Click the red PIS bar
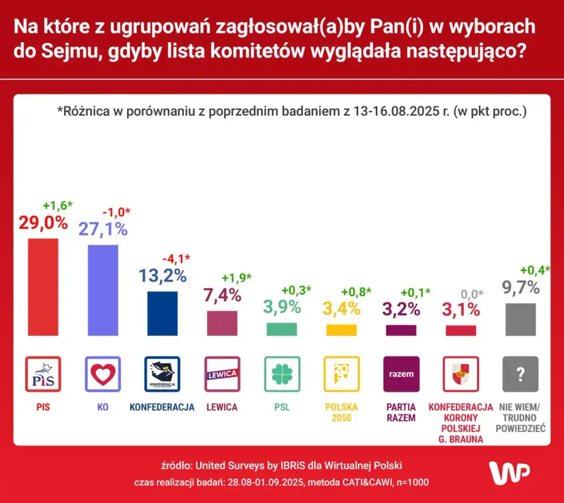click(x=43, y=286)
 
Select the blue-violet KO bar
click(x=102, y=290)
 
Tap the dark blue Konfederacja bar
click(x=162, y=313)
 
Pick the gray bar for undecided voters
click(x=520, y=319)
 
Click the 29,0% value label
click(x=43, y=223)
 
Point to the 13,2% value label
click(x=162, y=276)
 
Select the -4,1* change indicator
click(x=177, y=258)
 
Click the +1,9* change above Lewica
click(x=236, y=277)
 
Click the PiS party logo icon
click(x=43, y=374)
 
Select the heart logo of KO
click(x=102, y=374)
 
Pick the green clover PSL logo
click(x=282, y=374)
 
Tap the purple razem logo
click(x=401, y=374)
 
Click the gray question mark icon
click(x=520, y=374)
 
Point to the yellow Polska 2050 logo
click(x=342, y=374)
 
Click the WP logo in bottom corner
click(x=510, y=472)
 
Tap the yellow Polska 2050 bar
click(x=342, y=330)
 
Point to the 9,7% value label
click(x=520, y=287)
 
